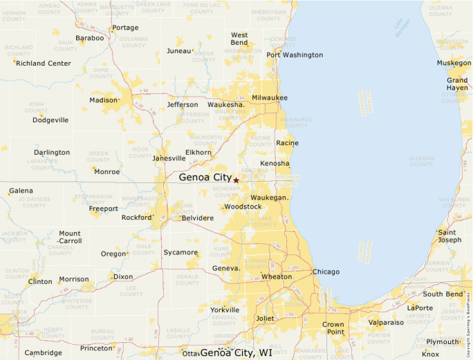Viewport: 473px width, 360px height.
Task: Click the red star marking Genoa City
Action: pyautogui.click(x=236, y=180)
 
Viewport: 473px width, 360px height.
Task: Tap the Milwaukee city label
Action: pyautogui.click(x=270, y=97)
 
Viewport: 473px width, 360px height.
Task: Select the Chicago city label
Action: pyautogui.click(x=326, y=272)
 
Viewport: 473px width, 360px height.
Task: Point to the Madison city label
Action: pyautogui.click(x=104, y=100)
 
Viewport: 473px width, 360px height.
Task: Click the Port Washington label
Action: pyautogui.click(x=295, y=55)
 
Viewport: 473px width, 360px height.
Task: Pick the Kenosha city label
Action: pyautogui.click(x=275, y=163)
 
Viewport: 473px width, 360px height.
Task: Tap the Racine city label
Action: pyautogui.click(x=287, y=143)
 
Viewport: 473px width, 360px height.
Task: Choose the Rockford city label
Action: pyautogui.click(x=136, y=218)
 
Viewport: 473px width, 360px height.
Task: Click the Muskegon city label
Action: pyautogui.click(x=454, y=63)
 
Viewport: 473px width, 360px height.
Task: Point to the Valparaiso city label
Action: pyautogui.click(x=386, y=322)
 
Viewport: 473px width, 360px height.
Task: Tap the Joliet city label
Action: pyautogui.click(x=265, y=319)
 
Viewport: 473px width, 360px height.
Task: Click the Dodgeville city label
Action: pyautogui.click(x=50, y=120)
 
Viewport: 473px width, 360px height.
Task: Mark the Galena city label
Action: pyautogui.click(x=21, y=190)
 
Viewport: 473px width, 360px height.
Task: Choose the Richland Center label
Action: pyautogui.click(x=44, y=64)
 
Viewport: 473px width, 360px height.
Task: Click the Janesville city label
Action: pyautogui.click(x=169, y=158)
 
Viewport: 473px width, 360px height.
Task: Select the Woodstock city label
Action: pyautogui.click(x=243, y=207)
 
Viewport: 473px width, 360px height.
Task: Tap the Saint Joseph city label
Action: pyautogui.click(x=449, y=236)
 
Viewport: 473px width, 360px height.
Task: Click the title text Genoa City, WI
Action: pyautogui.click(x=236, y=353)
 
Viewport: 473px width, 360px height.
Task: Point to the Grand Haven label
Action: pyautogui.click(x=457, y=84)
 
